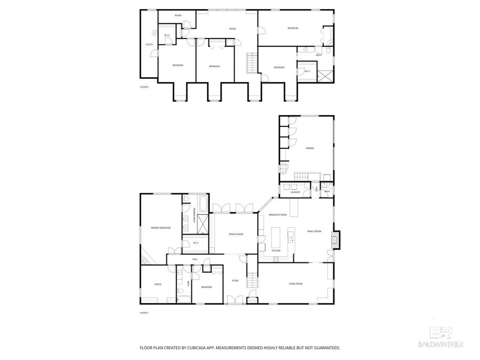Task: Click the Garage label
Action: pos(309,148)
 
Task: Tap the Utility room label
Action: pos(149,44)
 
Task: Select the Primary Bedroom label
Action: pos(161,228)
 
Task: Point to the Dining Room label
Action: pos(236,234)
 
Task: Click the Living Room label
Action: pos(295,284)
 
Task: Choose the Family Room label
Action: pos(314,231)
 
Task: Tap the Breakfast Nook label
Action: pos(278,214)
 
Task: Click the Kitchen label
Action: pos(276,250)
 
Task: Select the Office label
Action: pos(158,285)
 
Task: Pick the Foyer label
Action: pos(235,281)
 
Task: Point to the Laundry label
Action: pos(295,193)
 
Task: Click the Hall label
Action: pos(195,259)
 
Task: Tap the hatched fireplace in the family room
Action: pos(335,239)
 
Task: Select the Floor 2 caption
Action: pos(144,86)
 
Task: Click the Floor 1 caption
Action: pos(144,313)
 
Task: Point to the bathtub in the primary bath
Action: pos(204,204)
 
